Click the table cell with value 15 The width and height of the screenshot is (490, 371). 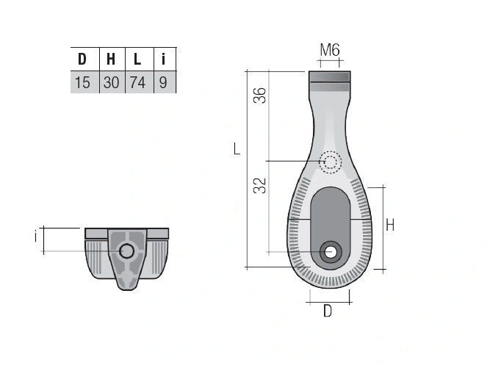[85, 82]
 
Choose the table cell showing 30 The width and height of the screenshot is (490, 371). [112, 82]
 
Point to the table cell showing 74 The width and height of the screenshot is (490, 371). [140, 82]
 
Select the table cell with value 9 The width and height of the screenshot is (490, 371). [165, 82]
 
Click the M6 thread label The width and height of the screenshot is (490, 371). [330, 50]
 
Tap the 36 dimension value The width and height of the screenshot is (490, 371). [259, 96]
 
